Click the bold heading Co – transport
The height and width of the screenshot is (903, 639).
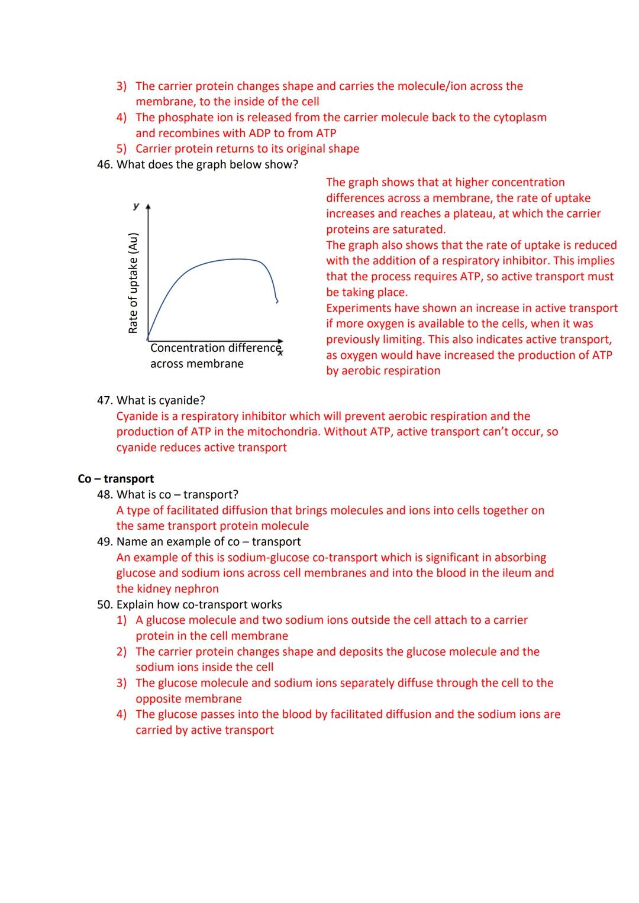click(x=115, y=478)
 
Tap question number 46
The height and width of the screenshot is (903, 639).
click(x=105, y=164)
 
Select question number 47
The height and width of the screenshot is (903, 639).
click(x=105, y=400)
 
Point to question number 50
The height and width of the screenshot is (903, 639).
click(x=105, y=604)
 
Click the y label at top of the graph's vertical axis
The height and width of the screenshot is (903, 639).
click(x=136, y=206)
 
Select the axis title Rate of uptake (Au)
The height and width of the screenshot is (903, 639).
click(x=133, y=283)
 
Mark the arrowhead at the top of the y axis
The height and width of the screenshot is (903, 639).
click(x=148, y=208)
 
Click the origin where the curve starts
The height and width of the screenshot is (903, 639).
click(x=148, y=339)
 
